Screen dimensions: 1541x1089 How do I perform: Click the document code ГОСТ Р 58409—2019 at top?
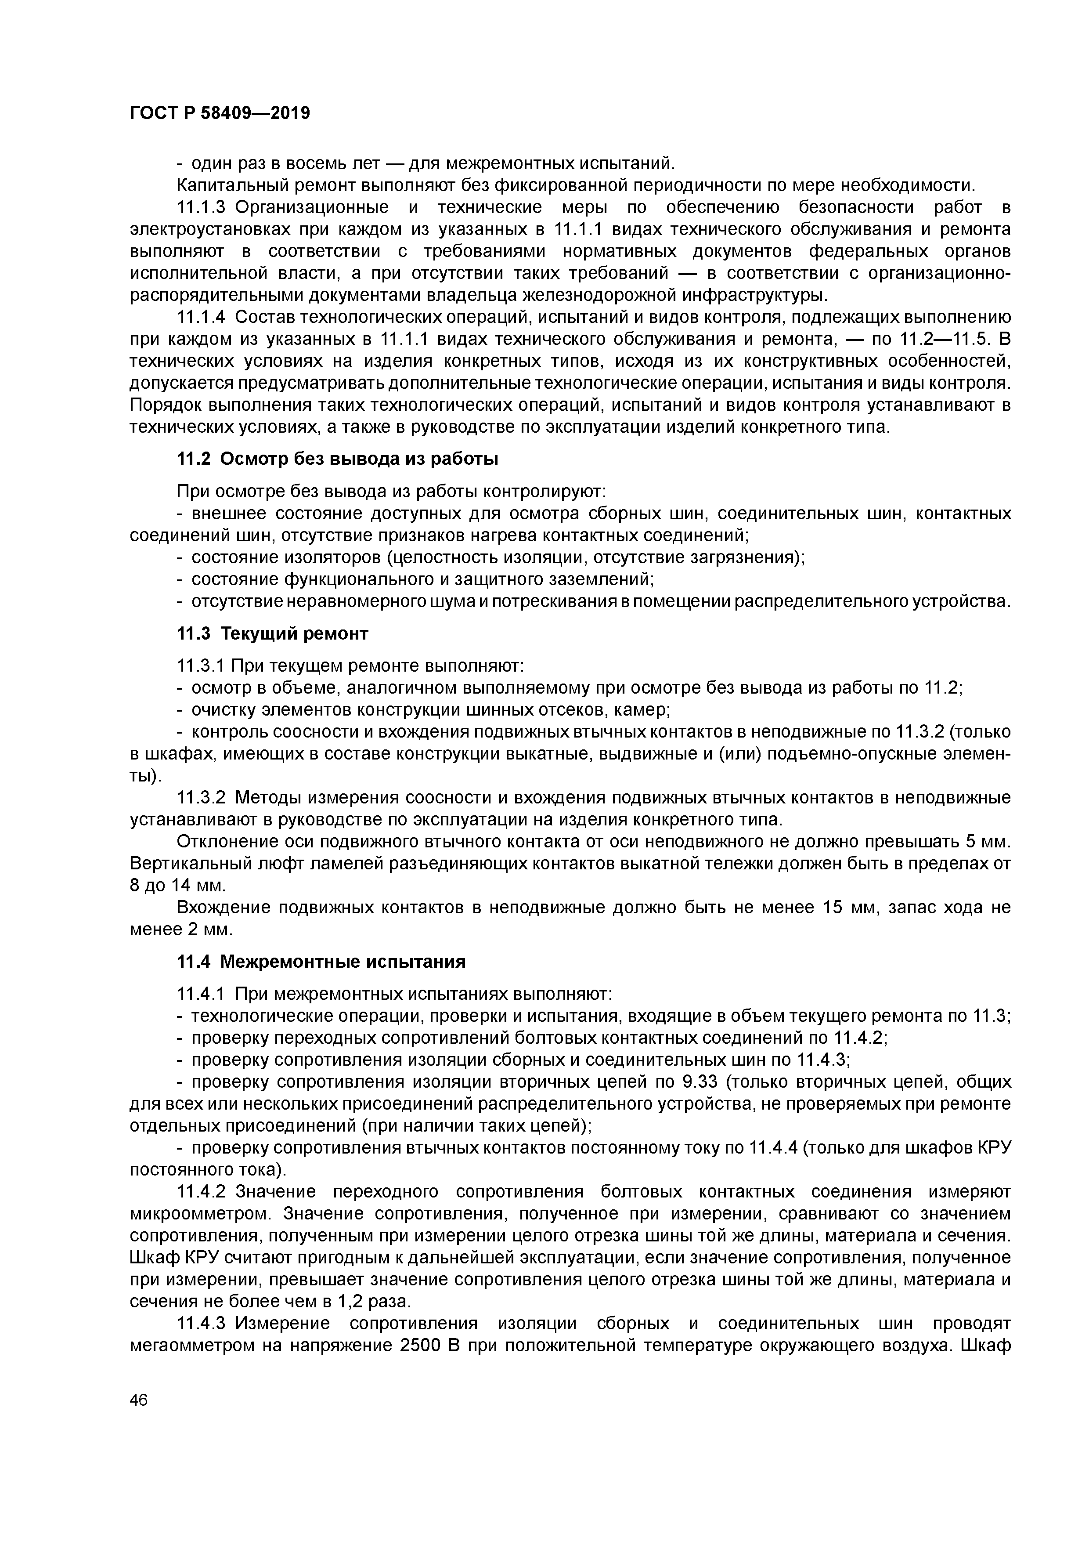click(x=220, y=113)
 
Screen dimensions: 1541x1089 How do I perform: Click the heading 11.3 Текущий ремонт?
click(x=272, y=633)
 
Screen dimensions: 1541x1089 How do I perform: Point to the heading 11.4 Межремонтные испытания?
click(x=321, y=962)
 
